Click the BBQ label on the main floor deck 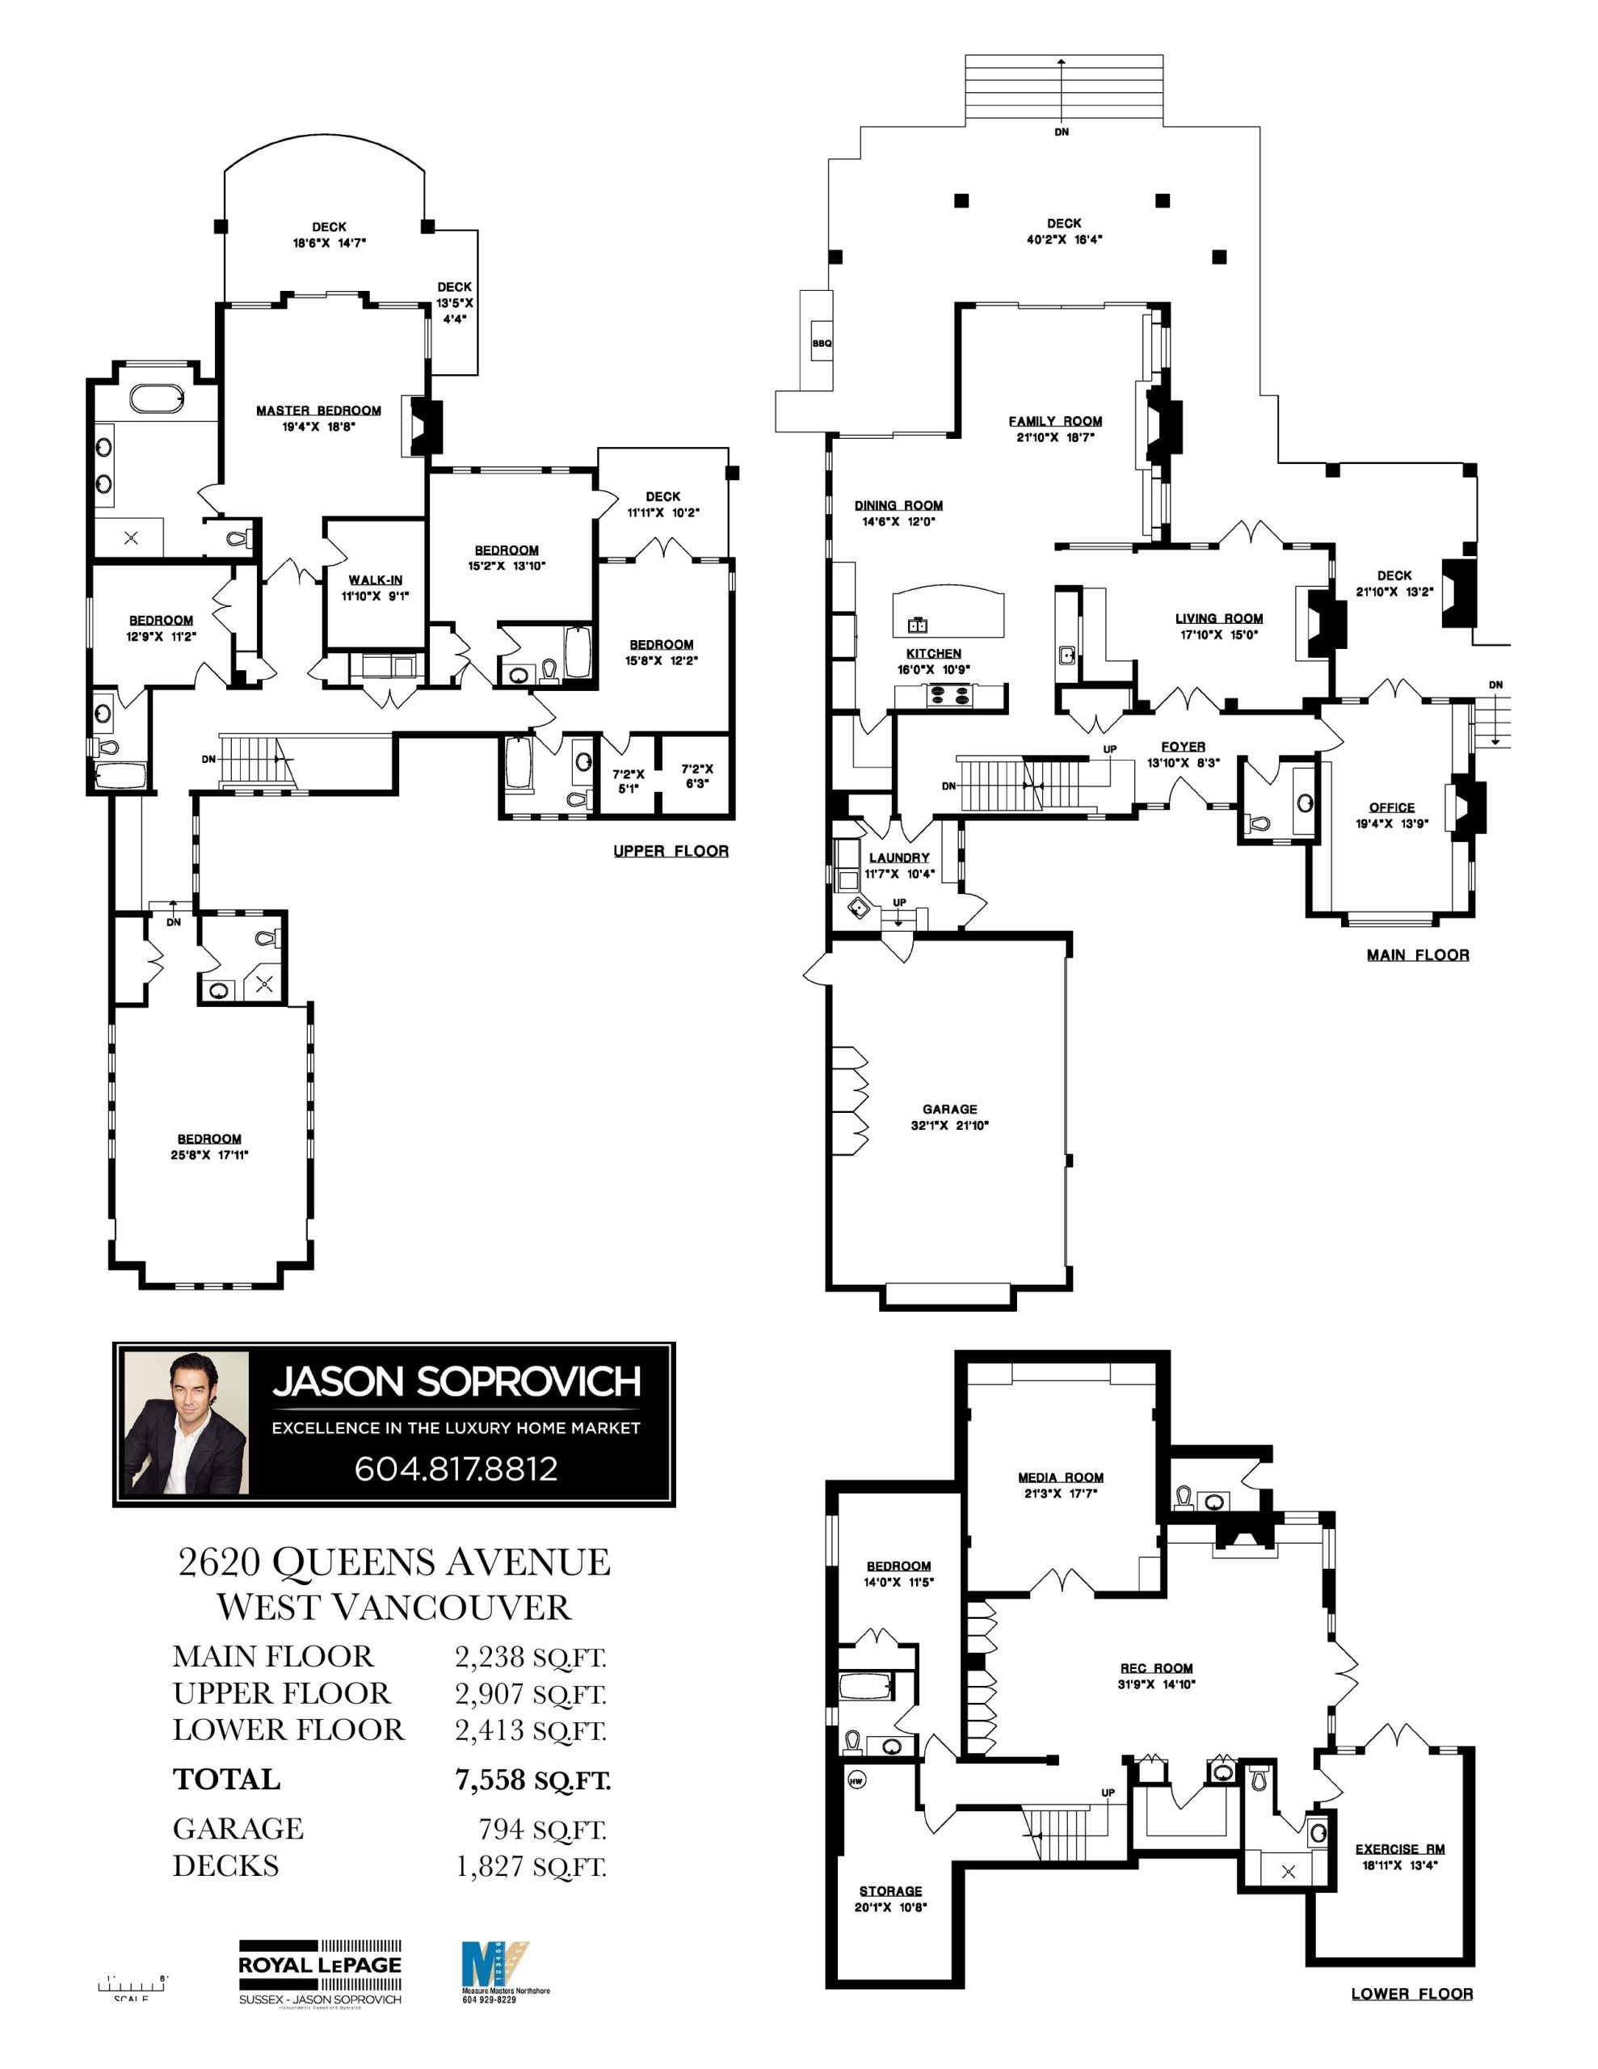point(822,343)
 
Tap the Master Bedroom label point(318,411)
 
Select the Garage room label point(949,1108)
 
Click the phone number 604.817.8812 point(456,1469)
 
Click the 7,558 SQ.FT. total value point(532,1780)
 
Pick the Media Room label point(1060,1477)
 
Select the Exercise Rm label point(1399,1848)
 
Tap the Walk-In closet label point(375,579)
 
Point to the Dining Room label point(898,505)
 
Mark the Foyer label point(1182,747)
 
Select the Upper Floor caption point(671,851)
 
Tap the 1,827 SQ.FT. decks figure point(531,1865)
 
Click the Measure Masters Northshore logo point(494,1966)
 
